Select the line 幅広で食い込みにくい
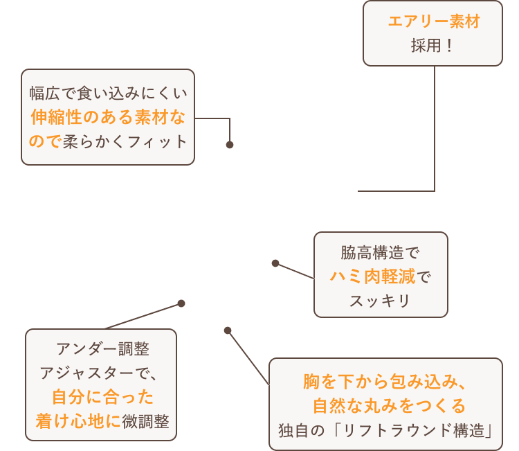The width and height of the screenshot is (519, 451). point(108,93)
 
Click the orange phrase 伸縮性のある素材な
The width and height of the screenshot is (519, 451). point(108,117)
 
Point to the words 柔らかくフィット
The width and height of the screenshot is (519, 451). point(125,141)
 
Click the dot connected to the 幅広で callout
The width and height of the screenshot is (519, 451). point(230,145)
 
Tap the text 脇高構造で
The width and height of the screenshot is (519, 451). point(381,252)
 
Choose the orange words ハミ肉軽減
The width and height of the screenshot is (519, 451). point(373,277)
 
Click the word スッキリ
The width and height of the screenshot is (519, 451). point(381,301)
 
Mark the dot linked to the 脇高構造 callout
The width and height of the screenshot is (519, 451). point(275,263)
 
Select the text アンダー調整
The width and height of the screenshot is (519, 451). point(102,348)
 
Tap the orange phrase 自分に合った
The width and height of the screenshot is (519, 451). point(102,397)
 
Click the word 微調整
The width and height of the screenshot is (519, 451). point(146,421)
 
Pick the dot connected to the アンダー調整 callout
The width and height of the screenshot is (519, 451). point(181,303)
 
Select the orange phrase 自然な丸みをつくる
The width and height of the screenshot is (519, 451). point(389,405)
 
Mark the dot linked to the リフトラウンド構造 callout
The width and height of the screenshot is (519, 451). point(228,330)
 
